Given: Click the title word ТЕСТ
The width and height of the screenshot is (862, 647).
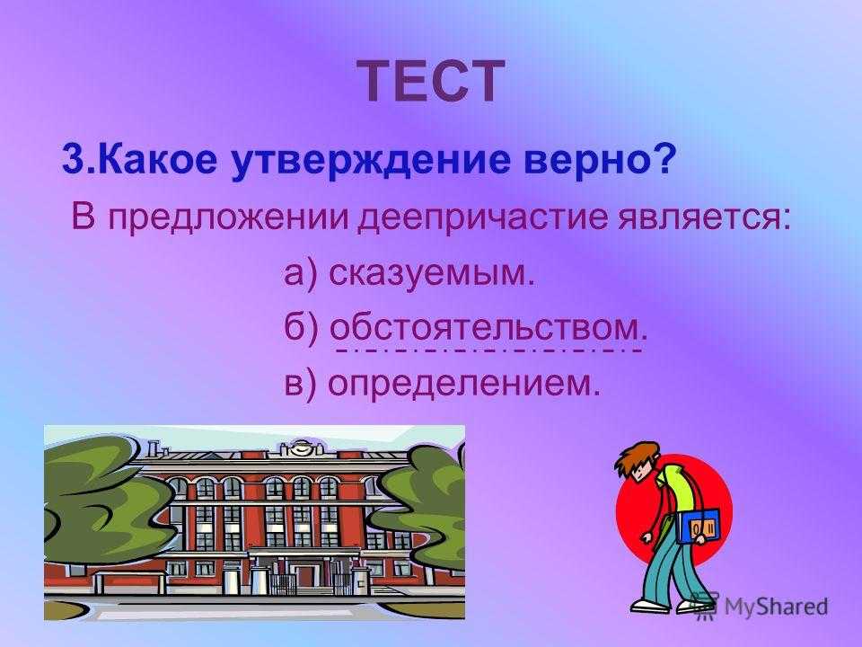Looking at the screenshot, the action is [432, 81].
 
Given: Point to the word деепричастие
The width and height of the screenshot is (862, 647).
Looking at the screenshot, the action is [483, 217].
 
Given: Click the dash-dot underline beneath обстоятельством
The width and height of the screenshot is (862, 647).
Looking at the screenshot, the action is [488, 350].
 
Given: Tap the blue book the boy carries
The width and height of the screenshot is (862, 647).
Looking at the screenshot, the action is [698, 526].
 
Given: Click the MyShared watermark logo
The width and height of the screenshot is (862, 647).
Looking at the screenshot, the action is [759, 607].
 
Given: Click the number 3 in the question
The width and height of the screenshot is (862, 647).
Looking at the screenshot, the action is [73, 159].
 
